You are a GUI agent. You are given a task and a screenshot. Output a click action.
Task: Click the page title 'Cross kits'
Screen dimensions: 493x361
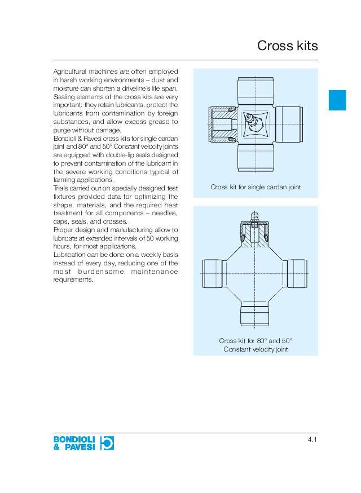click(287, 46)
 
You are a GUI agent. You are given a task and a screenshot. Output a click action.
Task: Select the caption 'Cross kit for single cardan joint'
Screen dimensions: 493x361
click(256, 186)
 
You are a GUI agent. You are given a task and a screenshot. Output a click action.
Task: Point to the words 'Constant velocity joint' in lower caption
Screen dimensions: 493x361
click(256, 349)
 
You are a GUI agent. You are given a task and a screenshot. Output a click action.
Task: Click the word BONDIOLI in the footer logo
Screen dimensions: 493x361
click(74, 439)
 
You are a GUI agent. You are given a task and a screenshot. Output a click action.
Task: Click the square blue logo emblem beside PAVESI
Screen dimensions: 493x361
click(107, 443)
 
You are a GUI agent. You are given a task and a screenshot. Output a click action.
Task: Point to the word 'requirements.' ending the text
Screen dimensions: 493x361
click(72, 279)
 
